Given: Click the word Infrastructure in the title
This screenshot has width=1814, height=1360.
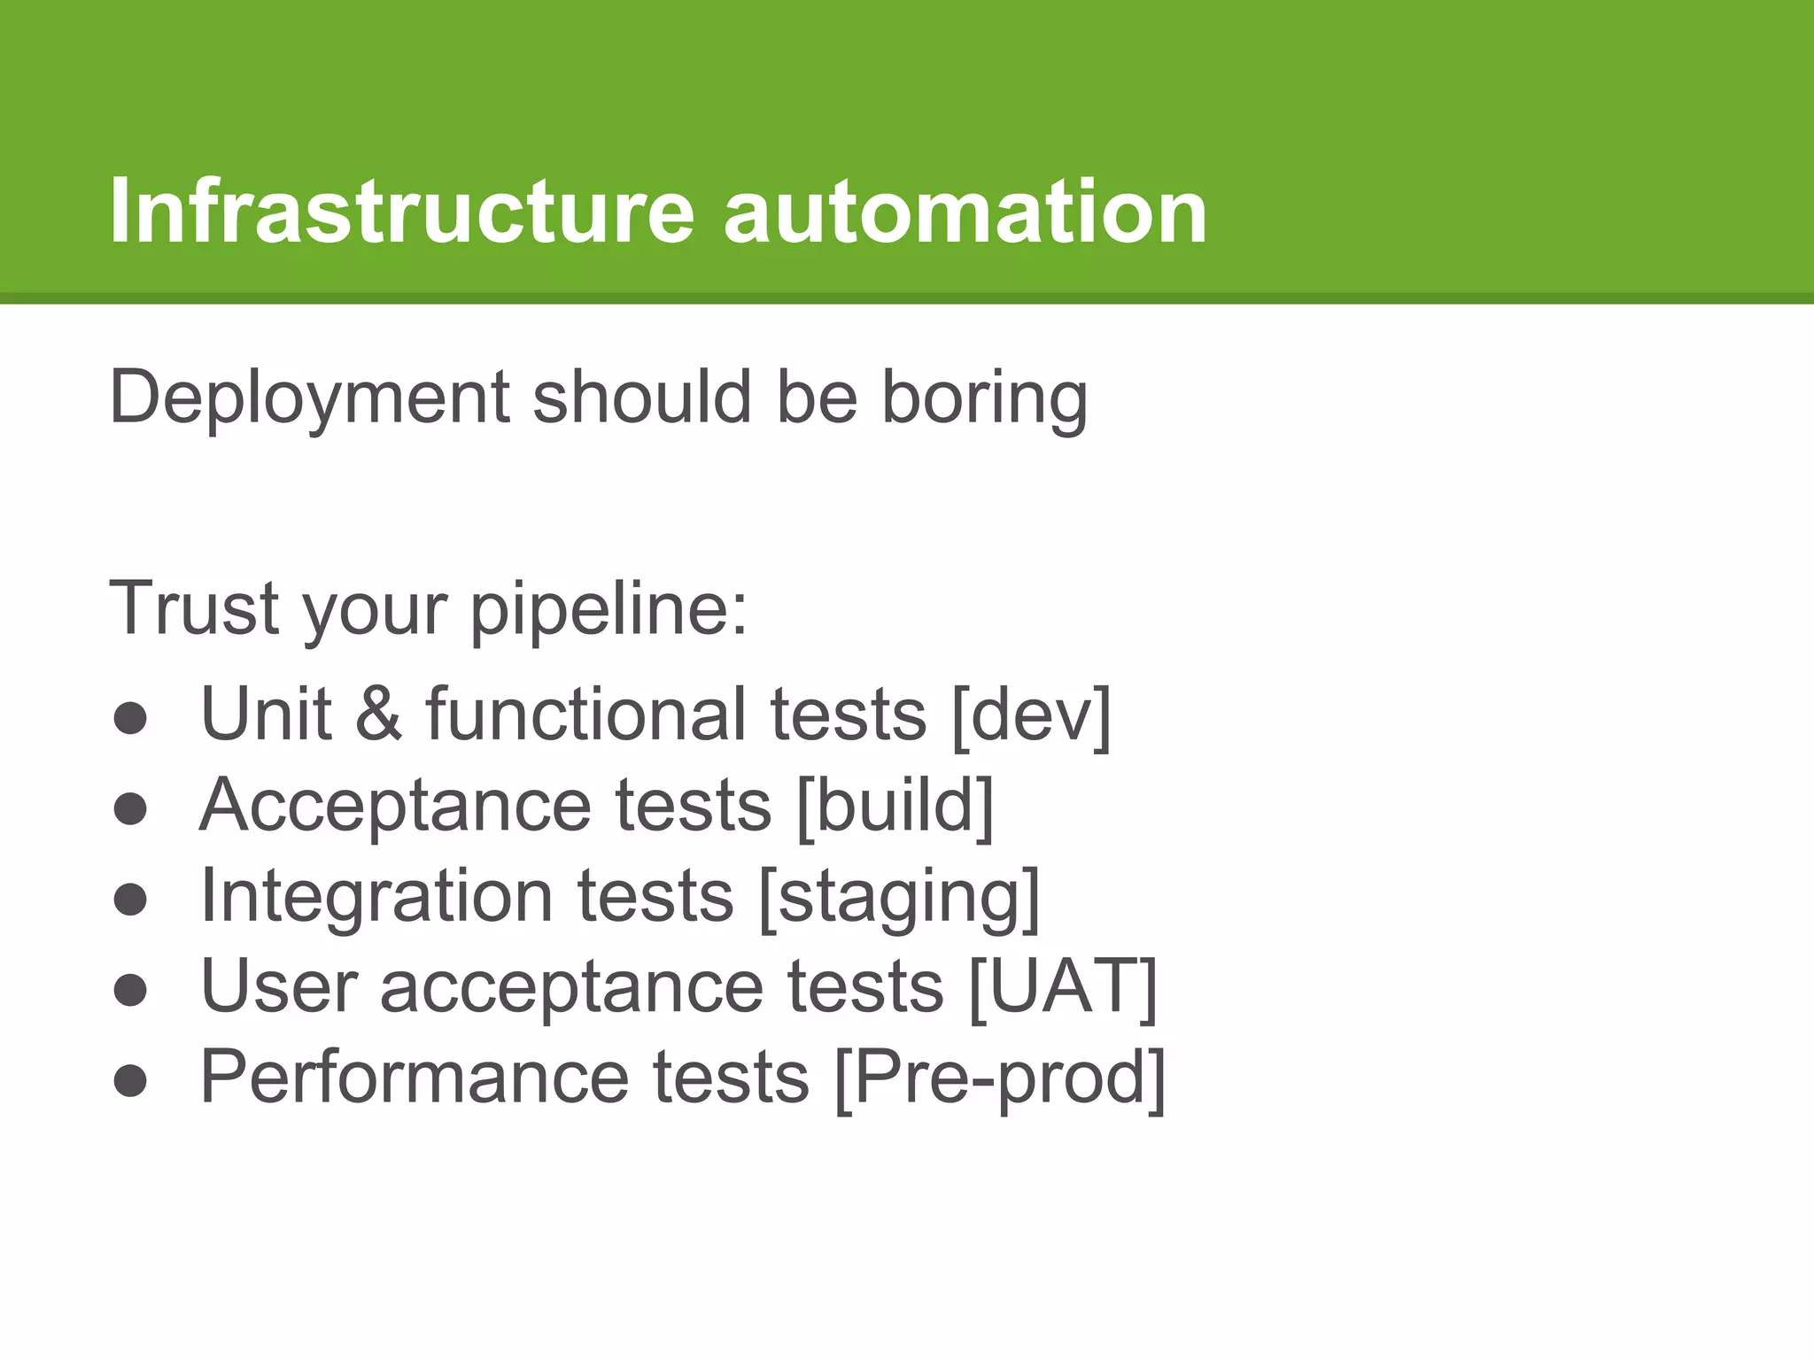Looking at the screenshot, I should coord(401,212).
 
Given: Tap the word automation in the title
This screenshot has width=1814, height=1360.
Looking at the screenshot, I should coord(965,212).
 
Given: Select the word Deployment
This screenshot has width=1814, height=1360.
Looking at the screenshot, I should coord(308,398).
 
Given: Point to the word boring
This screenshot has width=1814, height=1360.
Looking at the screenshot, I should coord(983,398).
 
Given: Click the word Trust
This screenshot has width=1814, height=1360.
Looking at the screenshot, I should coord(194,608).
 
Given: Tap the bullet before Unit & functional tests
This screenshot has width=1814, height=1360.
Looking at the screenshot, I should coord(130,717).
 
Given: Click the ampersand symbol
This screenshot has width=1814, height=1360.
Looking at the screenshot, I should coord(378,715).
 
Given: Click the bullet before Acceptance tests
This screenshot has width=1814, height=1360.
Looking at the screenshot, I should coord(130,808).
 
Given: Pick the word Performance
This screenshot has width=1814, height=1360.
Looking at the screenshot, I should coord(415,1078).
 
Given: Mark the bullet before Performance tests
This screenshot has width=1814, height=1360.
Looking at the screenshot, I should coord(130,1081).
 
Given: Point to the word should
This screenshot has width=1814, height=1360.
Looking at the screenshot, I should coord(642,398).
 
